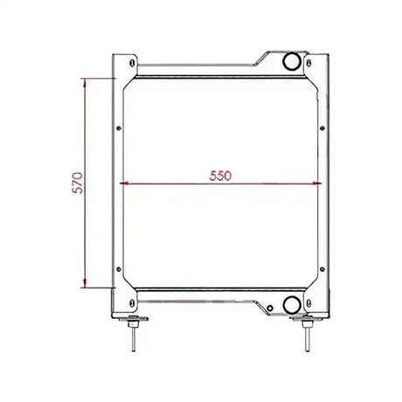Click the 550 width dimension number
[220, 176]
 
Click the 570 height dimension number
[78, 183]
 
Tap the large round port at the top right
[292, 61]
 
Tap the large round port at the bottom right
[292, 305]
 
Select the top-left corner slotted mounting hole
[132, 63]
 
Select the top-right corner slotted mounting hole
[308, 63]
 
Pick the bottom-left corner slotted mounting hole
[132, 303]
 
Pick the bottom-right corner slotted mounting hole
[308, 303]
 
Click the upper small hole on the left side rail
[119, 128]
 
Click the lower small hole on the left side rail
[119, 269]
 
